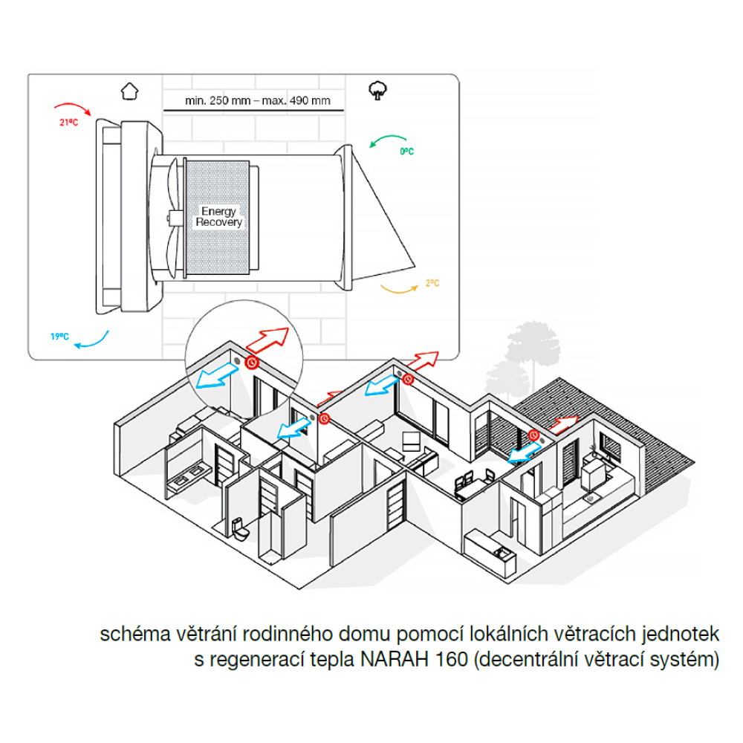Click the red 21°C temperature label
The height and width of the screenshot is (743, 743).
coord(69,123)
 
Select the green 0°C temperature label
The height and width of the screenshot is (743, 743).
coord(406,151)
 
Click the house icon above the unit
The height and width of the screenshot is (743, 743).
coord(130,91)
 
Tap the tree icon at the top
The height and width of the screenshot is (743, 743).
coord(377,91)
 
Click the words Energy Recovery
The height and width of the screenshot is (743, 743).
coord(217,217)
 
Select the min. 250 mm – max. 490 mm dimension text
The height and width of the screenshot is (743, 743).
coord(247,100)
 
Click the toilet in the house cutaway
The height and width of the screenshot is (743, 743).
coord(239,529)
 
